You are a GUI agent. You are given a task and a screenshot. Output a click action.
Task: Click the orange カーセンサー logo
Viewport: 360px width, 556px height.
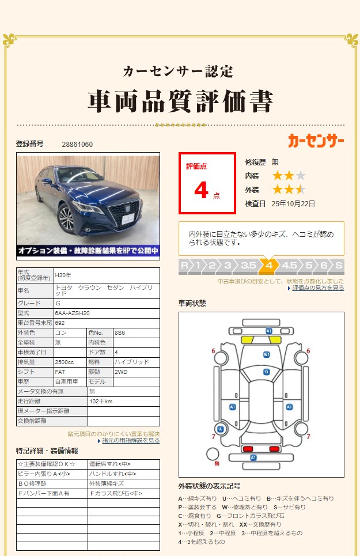point(316,140)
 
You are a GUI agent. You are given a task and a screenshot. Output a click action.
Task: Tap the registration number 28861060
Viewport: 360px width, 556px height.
point(77,144)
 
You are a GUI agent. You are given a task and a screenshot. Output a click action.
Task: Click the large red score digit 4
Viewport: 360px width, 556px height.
point(201,190)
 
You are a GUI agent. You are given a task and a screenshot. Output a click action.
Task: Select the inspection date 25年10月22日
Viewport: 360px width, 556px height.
point(293,203)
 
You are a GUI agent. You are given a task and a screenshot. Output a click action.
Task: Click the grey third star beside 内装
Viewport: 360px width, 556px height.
point(301,176)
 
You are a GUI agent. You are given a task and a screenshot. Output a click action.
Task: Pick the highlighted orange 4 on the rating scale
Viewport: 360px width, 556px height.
point(268,266)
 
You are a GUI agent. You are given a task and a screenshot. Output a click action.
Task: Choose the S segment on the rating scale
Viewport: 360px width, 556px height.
point(339,266)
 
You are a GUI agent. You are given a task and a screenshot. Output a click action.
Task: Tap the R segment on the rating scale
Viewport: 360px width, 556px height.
point(184,266)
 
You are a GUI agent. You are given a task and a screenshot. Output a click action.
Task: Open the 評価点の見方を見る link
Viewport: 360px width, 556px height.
point(318,288)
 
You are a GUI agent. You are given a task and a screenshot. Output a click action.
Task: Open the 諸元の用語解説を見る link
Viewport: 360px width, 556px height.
point(131,440)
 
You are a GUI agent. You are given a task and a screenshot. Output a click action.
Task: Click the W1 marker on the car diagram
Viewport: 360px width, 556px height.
point(267,354)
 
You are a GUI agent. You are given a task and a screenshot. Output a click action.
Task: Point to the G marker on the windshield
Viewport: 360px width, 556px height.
point(267,372)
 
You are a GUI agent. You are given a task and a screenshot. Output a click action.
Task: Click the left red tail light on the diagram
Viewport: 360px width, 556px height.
point(248,448)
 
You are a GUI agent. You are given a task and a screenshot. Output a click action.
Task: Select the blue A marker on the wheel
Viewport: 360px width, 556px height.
point(220,429)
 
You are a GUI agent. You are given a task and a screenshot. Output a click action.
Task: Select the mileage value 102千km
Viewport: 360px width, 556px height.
point(101,401)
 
